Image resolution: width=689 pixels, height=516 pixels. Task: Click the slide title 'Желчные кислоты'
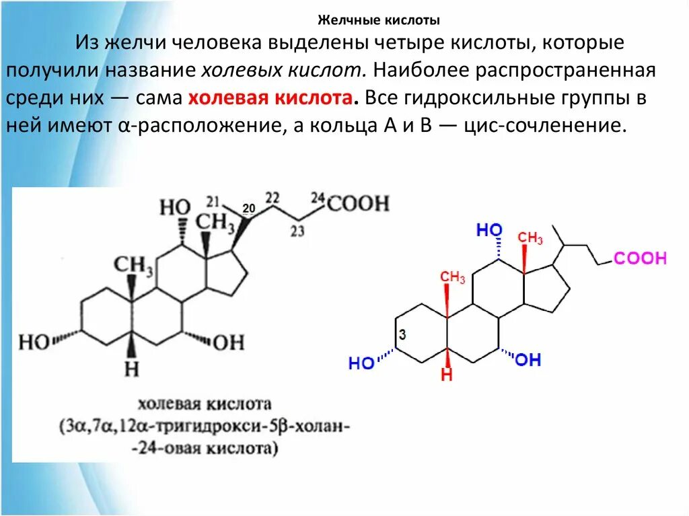pyautogui.click(x=378, y=20)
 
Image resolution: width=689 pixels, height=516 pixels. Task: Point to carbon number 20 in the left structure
pyautogui.click(x=248, y=209)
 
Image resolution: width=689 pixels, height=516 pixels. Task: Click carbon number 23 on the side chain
pyautogui.click(x=297, y=231)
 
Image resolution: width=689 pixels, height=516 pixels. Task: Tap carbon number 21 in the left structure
pyautogui.click(x=213, y=201)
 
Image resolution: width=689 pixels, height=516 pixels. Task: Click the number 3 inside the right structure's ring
pyautogui.click(x=402, y=334)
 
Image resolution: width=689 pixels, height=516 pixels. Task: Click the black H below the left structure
pyautogui.click(x=132, y=368)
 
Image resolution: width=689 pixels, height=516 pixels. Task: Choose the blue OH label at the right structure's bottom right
pyautogui.click(x=528, y=360)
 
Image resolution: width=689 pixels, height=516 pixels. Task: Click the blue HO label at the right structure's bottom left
pyautogui.click(x=362, y=363)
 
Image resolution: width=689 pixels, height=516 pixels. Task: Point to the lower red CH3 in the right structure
pyautogui.click(x=453, y=277)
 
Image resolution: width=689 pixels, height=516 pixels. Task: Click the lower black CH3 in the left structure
pyautogui.click(x=133, y=266)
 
